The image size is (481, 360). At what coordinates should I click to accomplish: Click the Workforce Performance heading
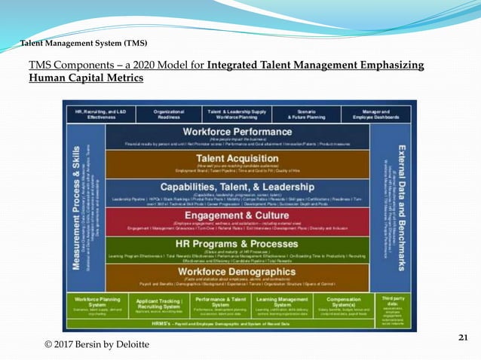(237, 131)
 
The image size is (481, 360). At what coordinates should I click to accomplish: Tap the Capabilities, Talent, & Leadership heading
(237, 185)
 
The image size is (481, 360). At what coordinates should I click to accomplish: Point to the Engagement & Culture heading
(237, 215)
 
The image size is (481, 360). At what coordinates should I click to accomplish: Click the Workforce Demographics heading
(237, 271)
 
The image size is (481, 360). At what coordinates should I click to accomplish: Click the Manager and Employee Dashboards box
(376, 114)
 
